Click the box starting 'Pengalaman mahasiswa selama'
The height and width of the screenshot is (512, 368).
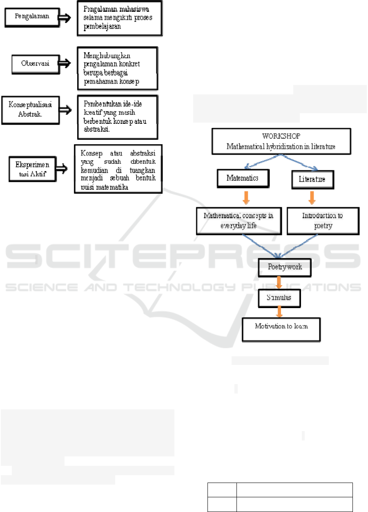(120, 19)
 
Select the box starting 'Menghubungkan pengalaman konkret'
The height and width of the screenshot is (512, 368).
(117, 68)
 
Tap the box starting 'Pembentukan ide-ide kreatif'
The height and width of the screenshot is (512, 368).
(117, 117)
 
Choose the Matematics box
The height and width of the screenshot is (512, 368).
(243, 178)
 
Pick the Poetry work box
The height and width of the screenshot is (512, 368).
(285, 267)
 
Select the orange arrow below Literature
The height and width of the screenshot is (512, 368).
(311, 197)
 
